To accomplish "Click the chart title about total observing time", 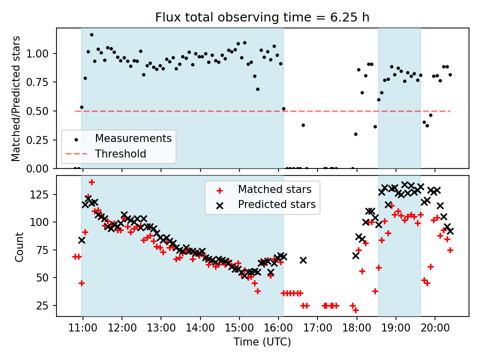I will coord(262,17).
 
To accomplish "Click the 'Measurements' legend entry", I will coord(133,138).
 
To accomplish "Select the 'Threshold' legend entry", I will coord(120,153).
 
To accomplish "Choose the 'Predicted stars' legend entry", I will coord(276,204).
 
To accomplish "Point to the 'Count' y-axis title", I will coord(19,246).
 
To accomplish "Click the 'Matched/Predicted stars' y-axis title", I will coord(16,98).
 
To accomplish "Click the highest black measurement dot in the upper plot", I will coord(91,35).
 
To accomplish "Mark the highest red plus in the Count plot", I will coord(91,182).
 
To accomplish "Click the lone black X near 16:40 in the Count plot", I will coord(303,260).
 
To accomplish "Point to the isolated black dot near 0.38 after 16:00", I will coord(303,125).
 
